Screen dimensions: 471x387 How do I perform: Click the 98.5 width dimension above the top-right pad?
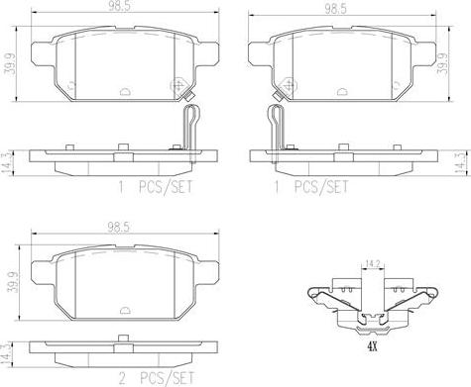click(x=335, y=9)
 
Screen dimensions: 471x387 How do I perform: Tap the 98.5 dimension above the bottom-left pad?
click(x=119, y=227)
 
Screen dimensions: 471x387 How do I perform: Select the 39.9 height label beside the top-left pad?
click(x=8, y=64)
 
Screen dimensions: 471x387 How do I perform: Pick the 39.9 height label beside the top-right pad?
click(x=442, y=63)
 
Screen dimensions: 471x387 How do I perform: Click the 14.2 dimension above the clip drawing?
click(x=373, y=263)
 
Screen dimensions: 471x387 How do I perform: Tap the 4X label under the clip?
click(x=372, y=346)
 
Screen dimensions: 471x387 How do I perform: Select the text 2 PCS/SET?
click(x=156, y=378)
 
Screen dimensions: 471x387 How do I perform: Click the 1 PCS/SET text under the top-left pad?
click(x=156, y=187)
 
